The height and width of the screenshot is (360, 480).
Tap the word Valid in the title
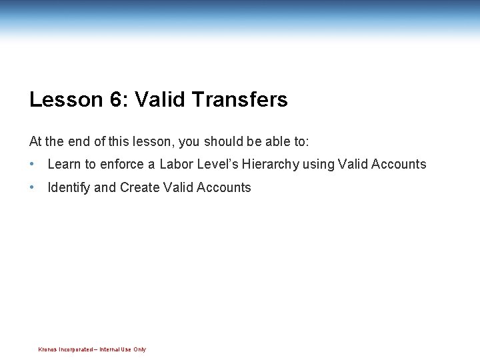pyautogui.click(x=160, y=100)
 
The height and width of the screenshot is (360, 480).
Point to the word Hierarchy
pyautogui.click(x=271, y=164)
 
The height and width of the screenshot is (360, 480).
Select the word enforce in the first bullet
pyautogui.click(x=121, y=164)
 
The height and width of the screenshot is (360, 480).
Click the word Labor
pyautogui.click(x=175, y=164)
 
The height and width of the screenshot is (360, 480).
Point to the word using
pyautogui.click(x=318, y=164)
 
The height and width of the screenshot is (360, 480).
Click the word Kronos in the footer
pyautogui.click(x=47, y=349)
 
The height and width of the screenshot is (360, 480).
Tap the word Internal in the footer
pyautogui.click(x=110, y=349)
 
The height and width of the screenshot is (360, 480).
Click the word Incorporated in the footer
pyautogui.click(x=75, y=349)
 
